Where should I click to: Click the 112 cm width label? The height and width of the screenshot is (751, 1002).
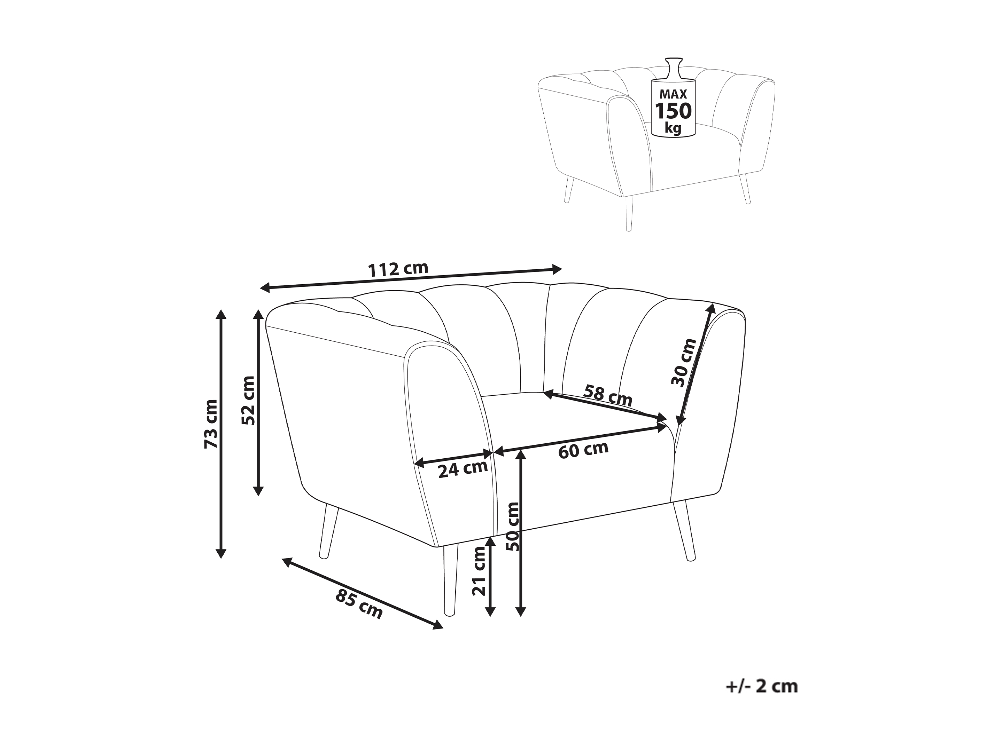tap(398, 269)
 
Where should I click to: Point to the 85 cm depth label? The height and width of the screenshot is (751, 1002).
tap(359, 604)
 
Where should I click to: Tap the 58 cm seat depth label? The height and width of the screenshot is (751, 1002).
tap(607, 395)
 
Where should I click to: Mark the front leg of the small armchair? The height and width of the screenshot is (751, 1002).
tap(628, 213)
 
